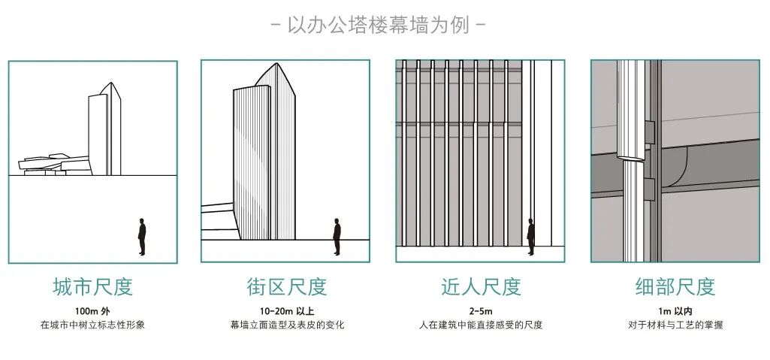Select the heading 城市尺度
click(x=92, y=286)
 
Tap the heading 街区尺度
click(x=286, y=286)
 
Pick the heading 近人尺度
click(x=481, y=286)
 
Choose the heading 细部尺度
click(x=675, y=286)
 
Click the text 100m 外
click(x=92, y=310)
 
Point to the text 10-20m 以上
click(x=286, y=310)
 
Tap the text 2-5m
click(x=481, y=310)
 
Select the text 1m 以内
click(x=675, y=310)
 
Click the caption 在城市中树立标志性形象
click(x=92, y=325)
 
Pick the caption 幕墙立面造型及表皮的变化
click(x=286, y=325)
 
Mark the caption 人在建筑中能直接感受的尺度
click(x=481, y=325)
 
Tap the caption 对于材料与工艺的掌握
click(x=675, y=325)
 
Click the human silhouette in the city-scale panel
click(x=142, y=237)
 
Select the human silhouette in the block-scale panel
click(x=337, y=237)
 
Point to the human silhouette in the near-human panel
click(x=530, y=237)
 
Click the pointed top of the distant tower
click(x=110, y=85)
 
